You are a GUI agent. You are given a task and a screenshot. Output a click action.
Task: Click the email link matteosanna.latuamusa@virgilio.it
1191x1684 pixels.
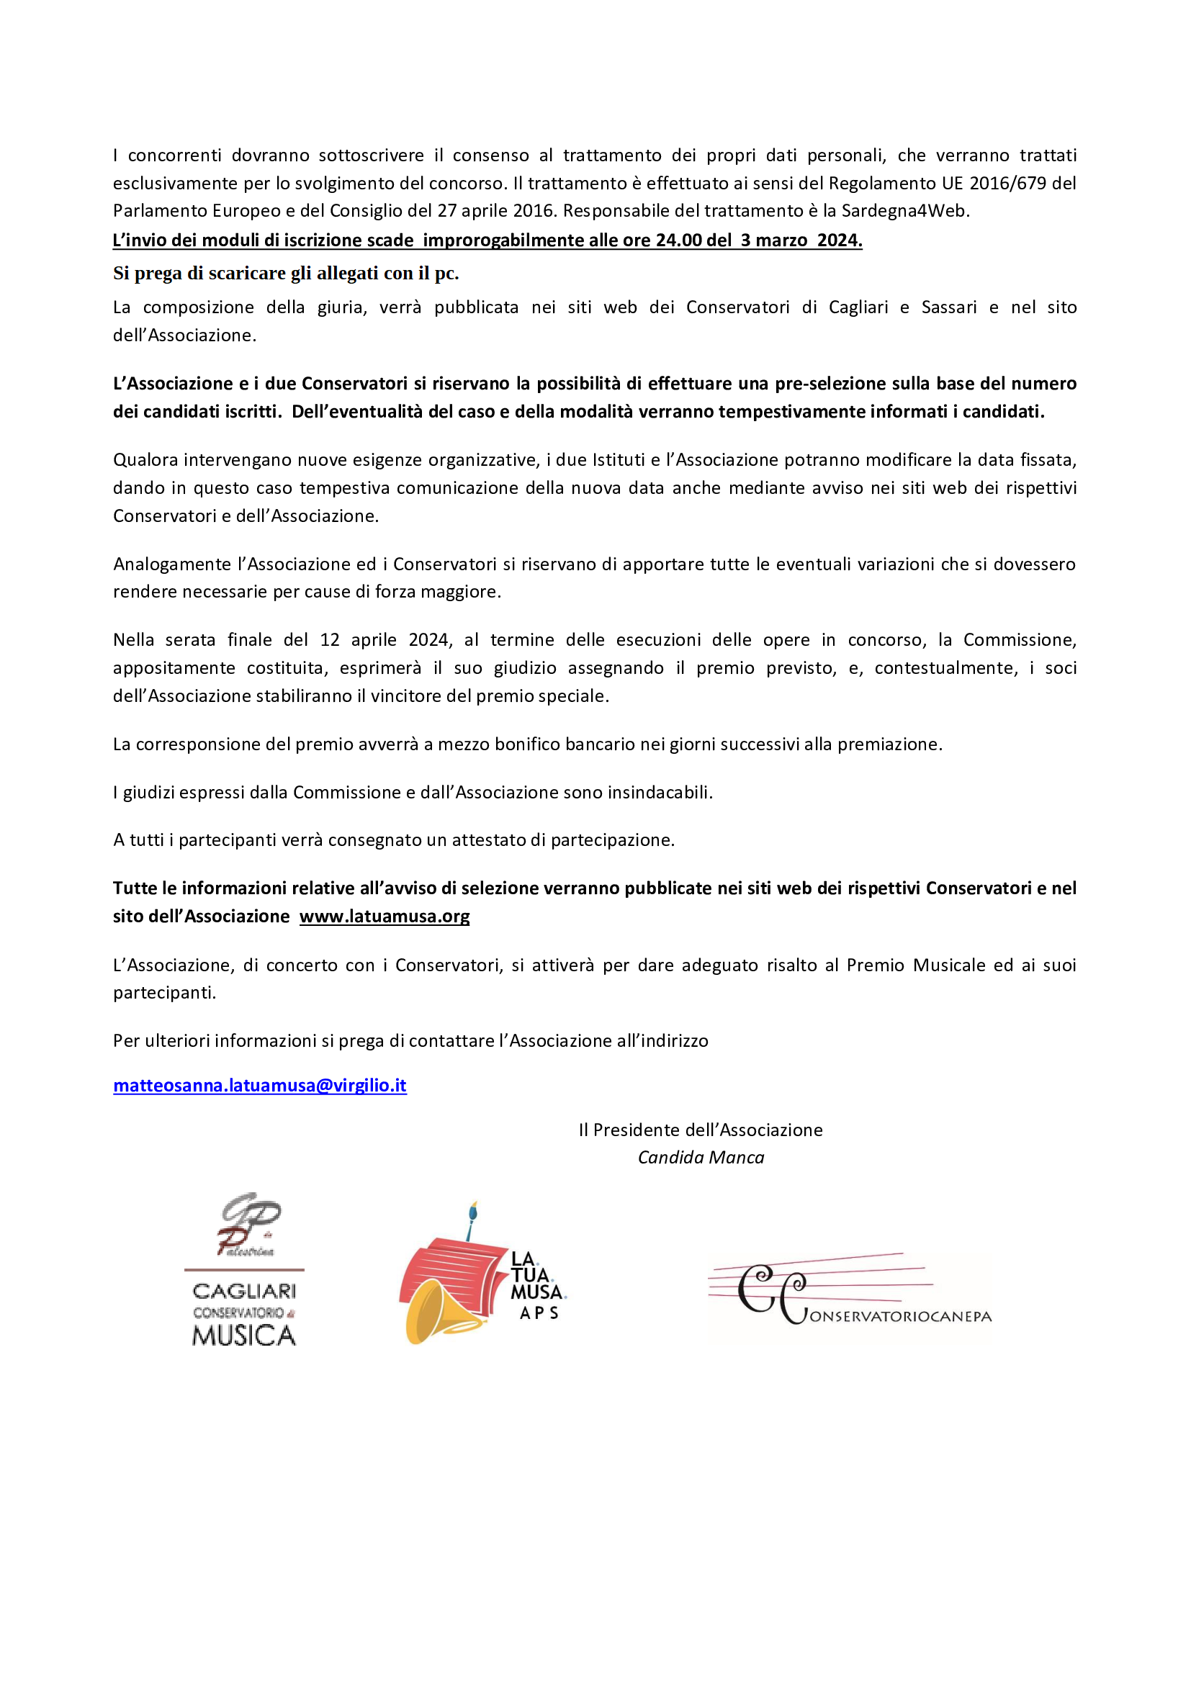point(260,1085)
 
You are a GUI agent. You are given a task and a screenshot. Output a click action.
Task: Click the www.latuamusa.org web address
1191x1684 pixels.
point(385,916)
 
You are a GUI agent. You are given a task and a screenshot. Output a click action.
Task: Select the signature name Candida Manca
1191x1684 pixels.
point(701,1157)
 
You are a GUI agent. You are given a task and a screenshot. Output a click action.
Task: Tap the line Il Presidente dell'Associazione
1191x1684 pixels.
point(701,1130)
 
